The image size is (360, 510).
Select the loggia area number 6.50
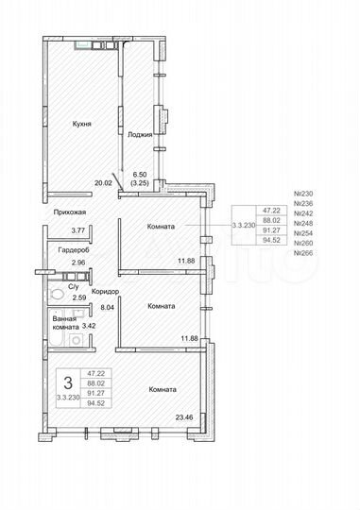coord(141,175)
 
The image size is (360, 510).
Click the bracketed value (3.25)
coord(141,183)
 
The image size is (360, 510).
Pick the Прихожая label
coord(71,213)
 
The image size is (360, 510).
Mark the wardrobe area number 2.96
coord(79,262)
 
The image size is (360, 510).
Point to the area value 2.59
coord(79,298)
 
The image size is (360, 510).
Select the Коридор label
coord(105,293)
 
